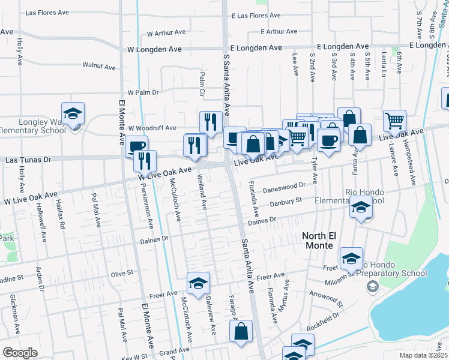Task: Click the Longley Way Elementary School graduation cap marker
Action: (x=73, y=113)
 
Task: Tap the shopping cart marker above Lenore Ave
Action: (x=394, y=121)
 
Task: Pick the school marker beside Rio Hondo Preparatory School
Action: (x=351, y=259)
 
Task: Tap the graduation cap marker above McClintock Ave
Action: (x=198, y=284)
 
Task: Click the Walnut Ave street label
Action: (x=98, y=66)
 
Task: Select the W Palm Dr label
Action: (x=143, y=92)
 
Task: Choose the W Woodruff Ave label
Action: (x=152, y=128)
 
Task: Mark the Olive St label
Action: (x=121, y=273)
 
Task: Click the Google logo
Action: (x=20, y=353)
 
